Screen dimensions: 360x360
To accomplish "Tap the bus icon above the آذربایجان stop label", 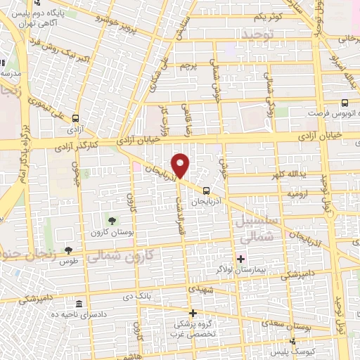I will (205, 190).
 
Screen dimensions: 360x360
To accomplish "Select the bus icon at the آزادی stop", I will (75, 119).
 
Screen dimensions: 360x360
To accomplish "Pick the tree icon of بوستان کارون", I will (112, 221).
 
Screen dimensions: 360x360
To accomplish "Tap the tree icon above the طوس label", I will (68, 250).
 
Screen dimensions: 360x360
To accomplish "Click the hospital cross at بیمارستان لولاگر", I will (240, 259).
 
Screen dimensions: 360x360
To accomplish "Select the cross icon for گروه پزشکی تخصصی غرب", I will (192, 313).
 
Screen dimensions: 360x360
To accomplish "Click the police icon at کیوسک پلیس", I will (292, 340).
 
